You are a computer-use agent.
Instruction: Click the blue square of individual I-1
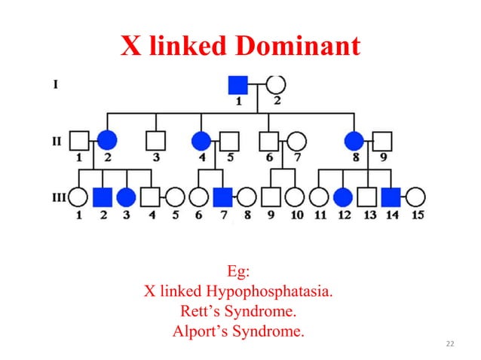(238, 85)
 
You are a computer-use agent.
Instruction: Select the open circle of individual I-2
(276, 85)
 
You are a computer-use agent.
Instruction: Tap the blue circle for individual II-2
(107, 140)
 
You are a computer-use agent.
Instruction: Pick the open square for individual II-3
(155, 140)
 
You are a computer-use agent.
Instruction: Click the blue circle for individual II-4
(201, 140)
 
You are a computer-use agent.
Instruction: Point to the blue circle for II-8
(354, 140)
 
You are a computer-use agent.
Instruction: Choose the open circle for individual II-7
(296, 140)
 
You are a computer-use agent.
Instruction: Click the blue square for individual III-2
(103, 197)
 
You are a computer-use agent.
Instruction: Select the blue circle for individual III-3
(127, 197)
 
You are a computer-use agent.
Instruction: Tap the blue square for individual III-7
(222, 197)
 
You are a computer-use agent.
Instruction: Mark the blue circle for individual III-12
(343, 197)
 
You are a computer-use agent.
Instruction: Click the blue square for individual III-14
(391, 197)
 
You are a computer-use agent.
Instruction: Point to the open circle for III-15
(415, 197)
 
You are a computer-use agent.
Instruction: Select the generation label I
(56, 84)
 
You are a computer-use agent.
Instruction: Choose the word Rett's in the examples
(201, 311)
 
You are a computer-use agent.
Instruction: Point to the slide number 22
(450, 344)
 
